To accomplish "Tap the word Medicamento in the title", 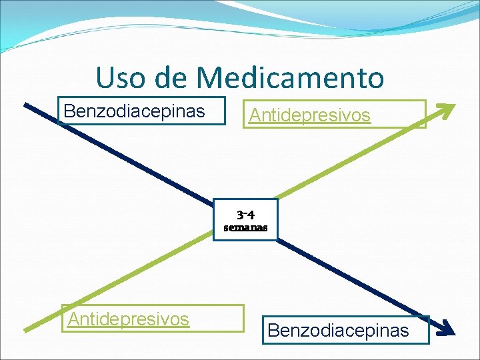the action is [x=291, y=77].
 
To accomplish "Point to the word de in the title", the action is [x=173, y=77].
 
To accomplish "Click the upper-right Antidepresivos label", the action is [x=309, y=115].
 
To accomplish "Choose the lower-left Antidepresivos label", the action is [x=129, y=319].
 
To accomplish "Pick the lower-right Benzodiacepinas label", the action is [x=338, y=330].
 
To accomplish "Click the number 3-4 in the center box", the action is [x=245, y=215].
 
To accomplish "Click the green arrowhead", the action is [x=445, y=110].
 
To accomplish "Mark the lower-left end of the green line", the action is [x=27, y=329].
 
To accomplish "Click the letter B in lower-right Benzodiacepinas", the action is [x=272, y=330].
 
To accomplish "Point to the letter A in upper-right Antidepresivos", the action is [x=254, y=115].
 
